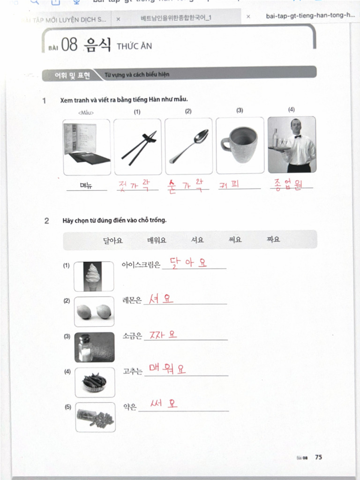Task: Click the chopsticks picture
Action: tap(137, 146)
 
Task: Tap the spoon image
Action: tap(188, 146)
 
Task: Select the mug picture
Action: tap(240, 145)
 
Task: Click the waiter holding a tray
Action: tap(292, 145)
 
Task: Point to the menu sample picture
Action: tap(86, 146)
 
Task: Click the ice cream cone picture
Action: tap(94, 277)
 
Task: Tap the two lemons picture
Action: tap(94, 312)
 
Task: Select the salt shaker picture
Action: tap(94, 347)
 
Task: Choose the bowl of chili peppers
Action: tap(94, 382)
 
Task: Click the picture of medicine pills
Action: tap(95, 417)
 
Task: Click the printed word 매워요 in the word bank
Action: tap(157, 240)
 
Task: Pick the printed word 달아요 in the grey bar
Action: tap(113, 240)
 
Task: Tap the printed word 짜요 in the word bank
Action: tap(273, 240)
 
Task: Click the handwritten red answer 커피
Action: tap(229, 185)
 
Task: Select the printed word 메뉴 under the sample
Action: tap(86, 186)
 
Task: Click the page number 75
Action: tap(318, 457)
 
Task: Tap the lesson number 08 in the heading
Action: tap(69, 45)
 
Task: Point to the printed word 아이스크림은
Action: tap(141, 265)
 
